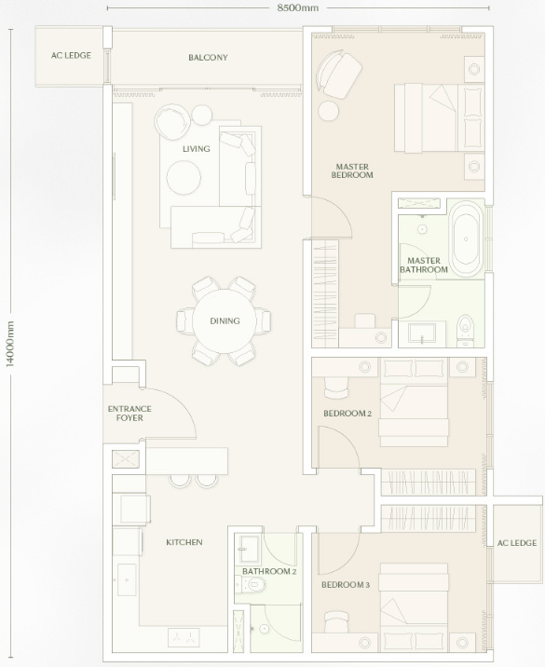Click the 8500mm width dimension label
(x=297, y=7)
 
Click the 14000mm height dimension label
(x=10, y=344)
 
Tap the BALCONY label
(x=208, y=58)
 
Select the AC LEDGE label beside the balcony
(x=71, y=55)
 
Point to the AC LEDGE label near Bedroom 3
(x=517, y=543)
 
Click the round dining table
(x=225, y=321)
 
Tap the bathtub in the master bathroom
(x=467, y=239)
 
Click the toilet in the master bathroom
(x=465, y=329)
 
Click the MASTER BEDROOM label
(x=352, y=170)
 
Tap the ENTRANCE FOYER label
(x=129, y=414)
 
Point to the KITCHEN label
(x=184, y=542)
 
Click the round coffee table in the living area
(x=184, y=177)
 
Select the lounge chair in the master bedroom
(x=339, y=74)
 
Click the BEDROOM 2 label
(x=347, y=414)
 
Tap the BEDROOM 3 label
(x=346, y=585)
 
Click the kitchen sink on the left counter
(x=127, y=579)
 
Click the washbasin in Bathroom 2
(x=249, y=549)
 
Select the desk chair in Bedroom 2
(x=336, y=387)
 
